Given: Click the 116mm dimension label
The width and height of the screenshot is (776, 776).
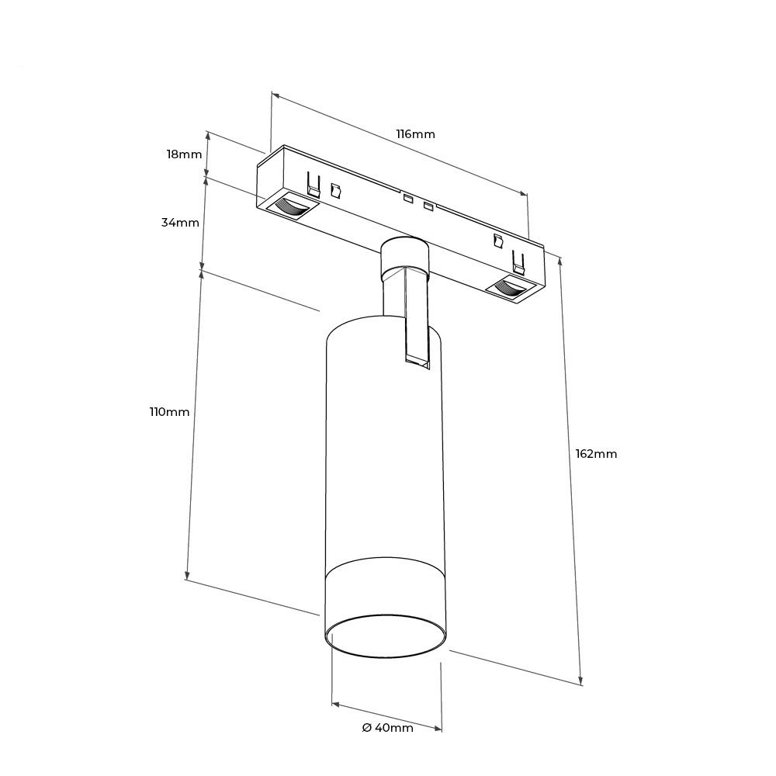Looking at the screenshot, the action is [415, 134].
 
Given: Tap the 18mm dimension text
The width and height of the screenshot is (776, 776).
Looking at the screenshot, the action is [184, 154].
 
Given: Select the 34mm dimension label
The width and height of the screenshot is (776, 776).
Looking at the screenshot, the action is [180, 223].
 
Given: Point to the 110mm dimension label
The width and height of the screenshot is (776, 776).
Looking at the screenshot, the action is [170, 412].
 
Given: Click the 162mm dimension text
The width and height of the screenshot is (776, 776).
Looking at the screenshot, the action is [596, 454].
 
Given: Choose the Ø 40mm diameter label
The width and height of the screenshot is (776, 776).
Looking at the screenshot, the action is [387, 728].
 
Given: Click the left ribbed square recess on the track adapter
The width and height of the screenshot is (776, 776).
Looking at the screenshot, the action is [292, 206].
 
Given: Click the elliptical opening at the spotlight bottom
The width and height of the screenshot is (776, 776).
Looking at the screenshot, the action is [386, 636].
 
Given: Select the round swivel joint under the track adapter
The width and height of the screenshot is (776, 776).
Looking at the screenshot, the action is [404, 258].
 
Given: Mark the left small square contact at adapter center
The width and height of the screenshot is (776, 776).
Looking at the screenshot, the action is [408, 199].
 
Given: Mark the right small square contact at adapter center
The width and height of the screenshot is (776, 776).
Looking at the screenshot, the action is [428, 206].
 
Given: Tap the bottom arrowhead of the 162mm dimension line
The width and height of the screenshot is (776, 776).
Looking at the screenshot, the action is [580, 680].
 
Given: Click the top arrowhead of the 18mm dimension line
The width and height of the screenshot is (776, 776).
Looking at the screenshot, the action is [208, 135].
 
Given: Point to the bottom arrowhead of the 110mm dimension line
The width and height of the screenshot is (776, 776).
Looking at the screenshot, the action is [187, 574].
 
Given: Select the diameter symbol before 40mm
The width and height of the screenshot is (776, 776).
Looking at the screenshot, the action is [367, 728].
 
